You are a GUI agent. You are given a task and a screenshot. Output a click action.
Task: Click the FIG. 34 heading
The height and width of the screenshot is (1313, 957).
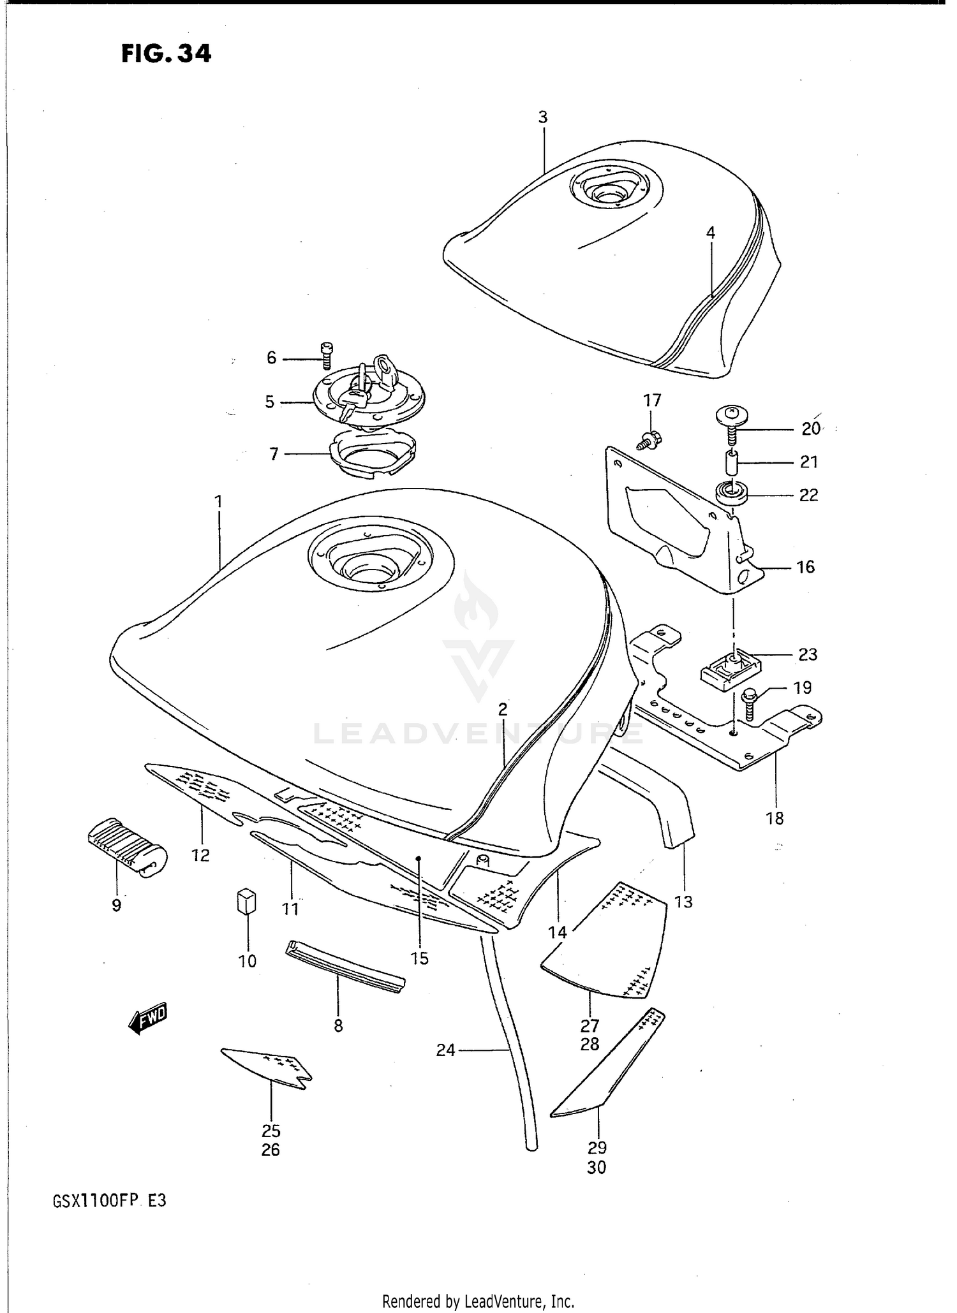[x=166, y=54]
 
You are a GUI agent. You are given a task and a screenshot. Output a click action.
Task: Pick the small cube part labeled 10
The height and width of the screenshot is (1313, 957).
[x=247, y=902]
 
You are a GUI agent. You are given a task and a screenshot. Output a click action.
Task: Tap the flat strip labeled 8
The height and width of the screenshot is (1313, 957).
[x=345, y=967]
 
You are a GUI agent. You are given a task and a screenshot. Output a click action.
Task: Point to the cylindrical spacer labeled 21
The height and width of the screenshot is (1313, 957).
[x=731, y=462]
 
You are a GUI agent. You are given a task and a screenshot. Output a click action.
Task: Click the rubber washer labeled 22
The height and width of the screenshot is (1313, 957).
[x=731, y=494]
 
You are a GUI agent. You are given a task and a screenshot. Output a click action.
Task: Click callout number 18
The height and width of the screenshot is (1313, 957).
[x=775, y=818]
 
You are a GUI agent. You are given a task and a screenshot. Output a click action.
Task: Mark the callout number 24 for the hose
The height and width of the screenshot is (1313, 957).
[x=445, y=1050]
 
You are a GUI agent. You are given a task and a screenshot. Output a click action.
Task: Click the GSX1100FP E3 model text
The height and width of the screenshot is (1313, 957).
[x=110, y=1201]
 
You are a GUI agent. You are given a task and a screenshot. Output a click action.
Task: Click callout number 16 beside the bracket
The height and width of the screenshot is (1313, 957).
[x=806, y=567]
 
